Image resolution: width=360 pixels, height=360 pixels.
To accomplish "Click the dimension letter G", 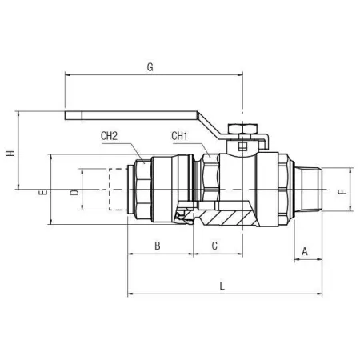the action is [150, 67].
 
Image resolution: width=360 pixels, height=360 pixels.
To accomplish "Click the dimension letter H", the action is [11, 154].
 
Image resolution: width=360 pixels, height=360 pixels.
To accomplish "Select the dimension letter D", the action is [74, 193].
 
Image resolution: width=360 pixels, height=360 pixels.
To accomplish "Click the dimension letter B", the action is [158, 246].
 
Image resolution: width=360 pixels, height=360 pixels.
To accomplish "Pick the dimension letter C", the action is [214, 246].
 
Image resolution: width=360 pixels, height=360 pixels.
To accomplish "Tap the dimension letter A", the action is [305, 251].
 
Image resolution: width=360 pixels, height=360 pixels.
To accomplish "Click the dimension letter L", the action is [222, 286].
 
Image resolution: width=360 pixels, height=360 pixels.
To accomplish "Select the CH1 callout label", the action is [179, 136].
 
